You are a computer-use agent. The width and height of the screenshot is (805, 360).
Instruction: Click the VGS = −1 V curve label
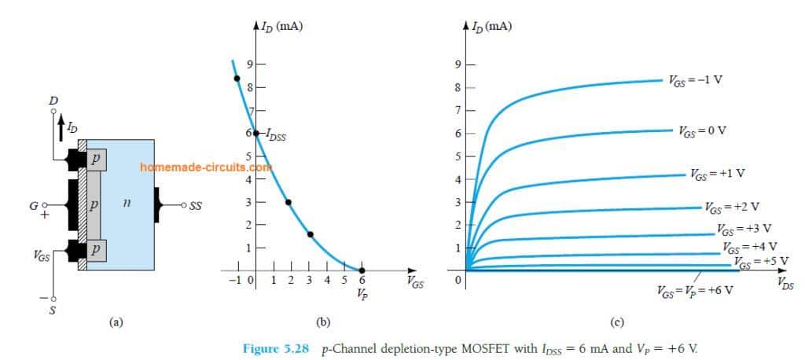point(692,80)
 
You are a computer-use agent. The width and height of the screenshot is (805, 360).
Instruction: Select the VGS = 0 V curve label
point(702,130)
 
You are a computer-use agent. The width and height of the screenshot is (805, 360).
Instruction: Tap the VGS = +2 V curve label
point(730,209)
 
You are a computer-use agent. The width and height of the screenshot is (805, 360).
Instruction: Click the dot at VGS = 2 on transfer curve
point(289,202)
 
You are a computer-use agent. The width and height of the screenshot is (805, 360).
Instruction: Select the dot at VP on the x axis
point(362,270)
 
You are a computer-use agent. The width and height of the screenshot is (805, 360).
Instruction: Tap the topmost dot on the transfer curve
point(236,77)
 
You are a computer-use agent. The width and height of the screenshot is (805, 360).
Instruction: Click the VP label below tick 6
point(362,296)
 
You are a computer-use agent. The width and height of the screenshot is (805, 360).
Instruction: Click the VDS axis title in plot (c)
point(785,281)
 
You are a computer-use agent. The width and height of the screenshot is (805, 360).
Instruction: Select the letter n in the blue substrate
point(126,204)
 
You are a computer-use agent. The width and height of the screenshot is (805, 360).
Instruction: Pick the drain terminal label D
point(53,101)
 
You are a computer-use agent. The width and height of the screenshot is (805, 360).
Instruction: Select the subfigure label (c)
point(617,321)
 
